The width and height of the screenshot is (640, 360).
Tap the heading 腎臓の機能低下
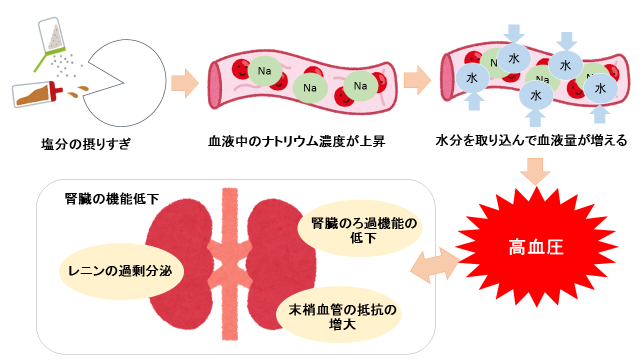point(111,199)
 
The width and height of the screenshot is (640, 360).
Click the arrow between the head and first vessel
point(182,80)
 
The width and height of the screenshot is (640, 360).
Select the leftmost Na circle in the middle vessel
point(266,72)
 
